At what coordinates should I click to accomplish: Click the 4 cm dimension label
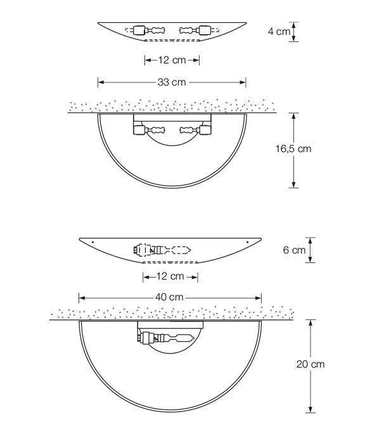click(279, 32)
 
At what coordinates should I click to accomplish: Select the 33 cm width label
click(172, 82)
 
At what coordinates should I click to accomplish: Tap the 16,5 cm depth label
click(293, 148)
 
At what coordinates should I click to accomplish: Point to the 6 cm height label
click(294, 250)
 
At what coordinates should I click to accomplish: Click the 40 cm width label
click(169, 297)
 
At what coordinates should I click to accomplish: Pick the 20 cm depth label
click(310, 364)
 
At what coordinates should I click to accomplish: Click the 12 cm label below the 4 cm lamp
click(172, 60)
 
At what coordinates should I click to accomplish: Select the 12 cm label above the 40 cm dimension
click(170, 276)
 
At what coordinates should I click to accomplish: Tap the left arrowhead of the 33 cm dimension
click(101, 82)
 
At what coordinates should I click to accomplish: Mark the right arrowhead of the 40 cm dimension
click(258, 298)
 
